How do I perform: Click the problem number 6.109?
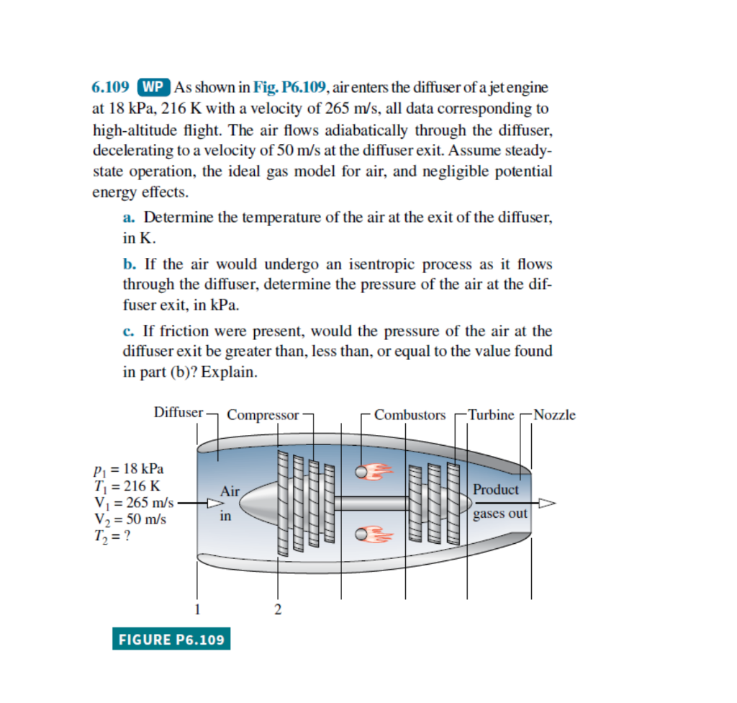pos(112,88)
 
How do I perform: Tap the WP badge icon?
pos(152,88)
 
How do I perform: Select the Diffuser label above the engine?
pos(178,413)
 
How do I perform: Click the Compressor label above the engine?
pos(263,415)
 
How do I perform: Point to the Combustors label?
pos(410,415)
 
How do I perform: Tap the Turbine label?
pos(491,415)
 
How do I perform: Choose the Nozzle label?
pos(554,415)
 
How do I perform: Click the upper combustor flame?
pos(374,471)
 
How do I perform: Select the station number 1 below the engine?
pos(196,610)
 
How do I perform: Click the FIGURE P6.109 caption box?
pos(171,639)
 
